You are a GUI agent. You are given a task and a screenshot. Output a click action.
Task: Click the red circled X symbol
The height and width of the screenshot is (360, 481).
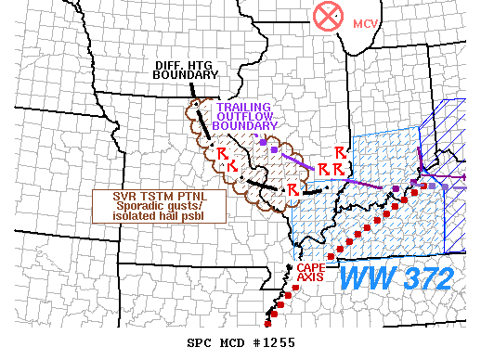tap(327, 16)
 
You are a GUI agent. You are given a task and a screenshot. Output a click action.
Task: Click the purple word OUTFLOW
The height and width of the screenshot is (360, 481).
tap(244, 116)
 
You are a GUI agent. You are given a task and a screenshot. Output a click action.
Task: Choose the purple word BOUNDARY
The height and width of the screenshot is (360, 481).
tap(245, 125)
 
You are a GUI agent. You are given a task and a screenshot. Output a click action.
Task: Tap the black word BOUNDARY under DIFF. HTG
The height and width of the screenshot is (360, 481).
tap(184, 75)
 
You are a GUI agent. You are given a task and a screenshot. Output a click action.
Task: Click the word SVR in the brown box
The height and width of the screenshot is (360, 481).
tap(123, 197)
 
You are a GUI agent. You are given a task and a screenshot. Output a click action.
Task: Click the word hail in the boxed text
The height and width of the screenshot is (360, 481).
tap(165, 216)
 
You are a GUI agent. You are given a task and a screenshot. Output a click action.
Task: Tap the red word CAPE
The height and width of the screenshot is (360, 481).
tap(311, 267)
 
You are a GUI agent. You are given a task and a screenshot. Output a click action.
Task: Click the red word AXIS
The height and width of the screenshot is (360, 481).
tap(311, 276)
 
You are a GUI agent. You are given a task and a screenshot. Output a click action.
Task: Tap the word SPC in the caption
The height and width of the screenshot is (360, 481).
tap(200, 343)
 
